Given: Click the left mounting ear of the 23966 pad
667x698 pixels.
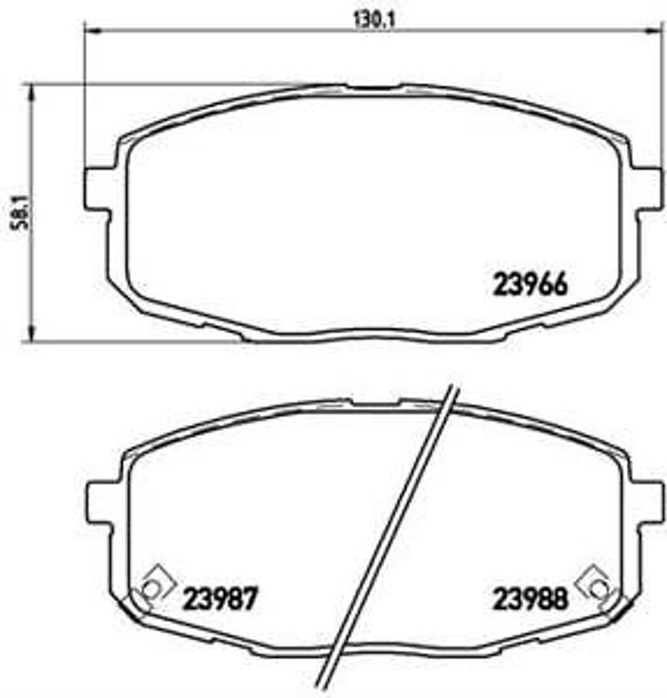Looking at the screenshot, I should pos(96,187).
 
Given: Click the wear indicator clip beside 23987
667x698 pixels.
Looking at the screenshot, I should pos(153,587).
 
